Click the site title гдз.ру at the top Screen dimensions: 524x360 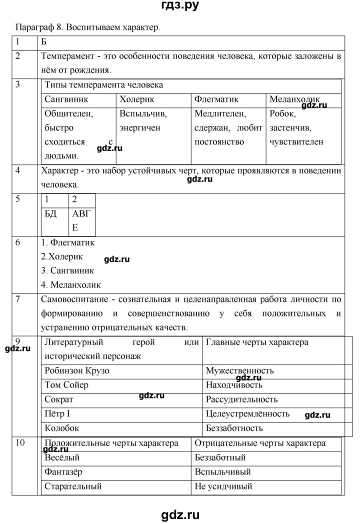coord(179,6)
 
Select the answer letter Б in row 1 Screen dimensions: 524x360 coord(43,41)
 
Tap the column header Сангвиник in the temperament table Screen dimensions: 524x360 coord(66,99)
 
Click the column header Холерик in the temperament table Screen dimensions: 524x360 coord(137,99)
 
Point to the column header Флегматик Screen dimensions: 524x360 coord(216,99)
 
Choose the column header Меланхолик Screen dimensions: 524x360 coord(294,99)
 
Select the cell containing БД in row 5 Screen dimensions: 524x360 coord(51,213)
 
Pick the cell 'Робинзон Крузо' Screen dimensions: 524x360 coord(76,370)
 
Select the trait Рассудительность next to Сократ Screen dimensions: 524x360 coord(241,399)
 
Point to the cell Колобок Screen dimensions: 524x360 coord(61,428)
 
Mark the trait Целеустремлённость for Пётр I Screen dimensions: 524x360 coord(247,414)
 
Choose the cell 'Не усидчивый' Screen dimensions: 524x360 coord(222,486)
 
